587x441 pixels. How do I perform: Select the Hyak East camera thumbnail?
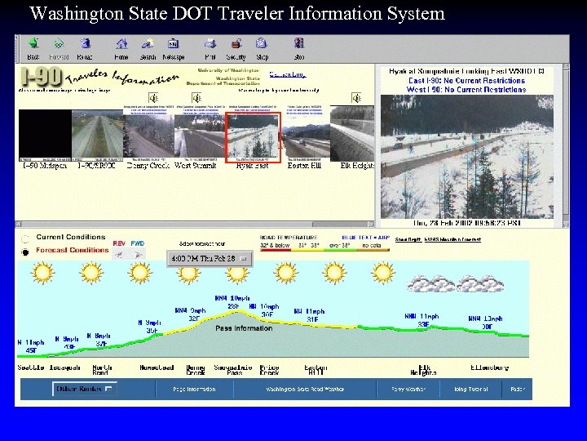252,137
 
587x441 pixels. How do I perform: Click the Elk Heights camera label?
357,166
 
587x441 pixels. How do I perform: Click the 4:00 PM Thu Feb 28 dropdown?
211,259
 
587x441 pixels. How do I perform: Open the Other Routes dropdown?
86,390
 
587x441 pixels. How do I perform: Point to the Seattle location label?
32,367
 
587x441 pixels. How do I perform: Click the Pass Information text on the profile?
243,328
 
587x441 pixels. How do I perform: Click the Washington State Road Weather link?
293,390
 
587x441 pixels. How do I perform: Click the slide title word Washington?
72,14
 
